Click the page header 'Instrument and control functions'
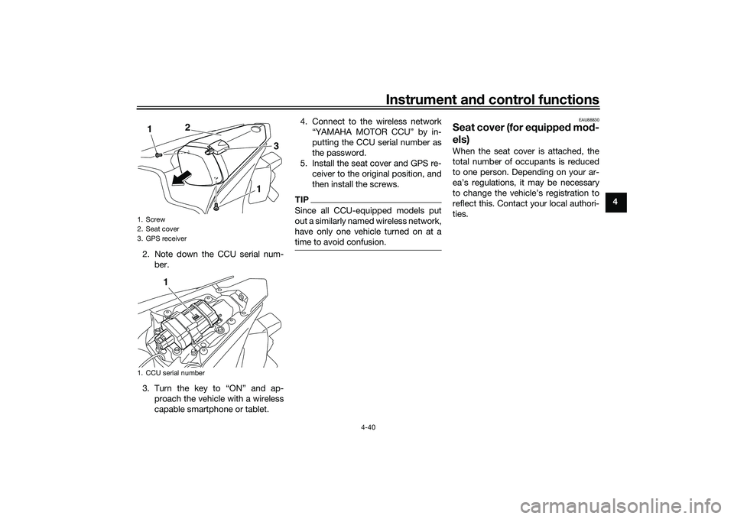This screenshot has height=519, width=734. point(493,99)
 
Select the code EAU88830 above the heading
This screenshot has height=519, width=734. point(587,120)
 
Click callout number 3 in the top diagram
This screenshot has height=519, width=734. point(276,145)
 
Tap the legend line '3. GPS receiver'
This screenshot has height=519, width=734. point(161,238)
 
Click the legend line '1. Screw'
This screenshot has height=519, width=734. point(153,219)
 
